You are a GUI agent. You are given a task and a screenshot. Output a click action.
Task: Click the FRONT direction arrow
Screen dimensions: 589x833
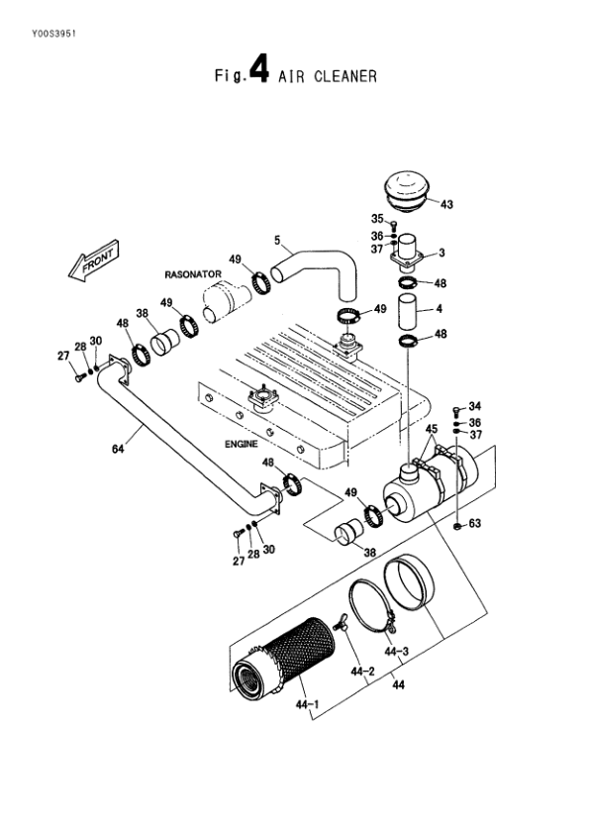point(94,260)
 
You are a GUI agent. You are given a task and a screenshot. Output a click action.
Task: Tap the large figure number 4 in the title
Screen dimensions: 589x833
point(258,69)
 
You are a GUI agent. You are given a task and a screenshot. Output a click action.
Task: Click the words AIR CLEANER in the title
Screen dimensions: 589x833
point(327,76)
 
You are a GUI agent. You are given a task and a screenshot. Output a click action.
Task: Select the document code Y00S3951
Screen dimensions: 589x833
point(54,34)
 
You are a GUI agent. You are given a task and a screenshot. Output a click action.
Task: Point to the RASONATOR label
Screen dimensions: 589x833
point(193,274)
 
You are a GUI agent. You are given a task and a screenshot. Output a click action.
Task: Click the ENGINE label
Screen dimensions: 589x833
point(242,444)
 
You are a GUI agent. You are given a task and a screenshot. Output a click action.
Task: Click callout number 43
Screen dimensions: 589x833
point(446,204)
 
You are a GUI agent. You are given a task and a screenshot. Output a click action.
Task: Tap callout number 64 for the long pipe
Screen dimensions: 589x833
point(118,449)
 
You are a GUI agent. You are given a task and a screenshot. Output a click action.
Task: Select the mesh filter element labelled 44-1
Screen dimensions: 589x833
point(284,656)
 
